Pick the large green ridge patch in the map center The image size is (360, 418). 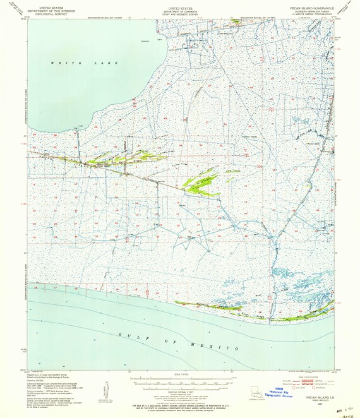201,182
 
